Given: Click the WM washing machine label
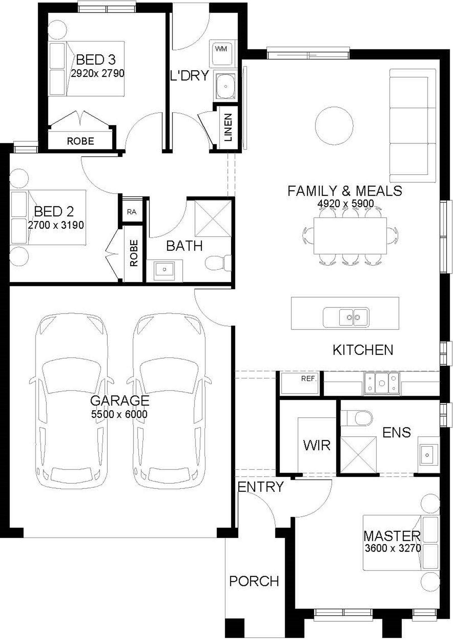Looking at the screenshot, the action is coord(221,49).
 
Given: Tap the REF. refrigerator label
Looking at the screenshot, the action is coord(309,379).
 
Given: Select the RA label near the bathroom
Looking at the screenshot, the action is coord(132,212).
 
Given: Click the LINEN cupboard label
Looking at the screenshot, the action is coord(228,127).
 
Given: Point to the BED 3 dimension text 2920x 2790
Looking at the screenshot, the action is coord(97,73).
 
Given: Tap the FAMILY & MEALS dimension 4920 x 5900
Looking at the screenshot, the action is coord(346,203).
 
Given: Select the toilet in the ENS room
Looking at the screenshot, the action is coord(357,418).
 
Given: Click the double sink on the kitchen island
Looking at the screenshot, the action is coord(346,317).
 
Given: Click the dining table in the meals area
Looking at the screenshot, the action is coord(350,236).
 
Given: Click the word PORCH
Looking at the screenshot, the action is coord(254,581).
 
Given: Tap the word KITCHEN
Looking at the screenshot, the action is coord(363,350).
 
